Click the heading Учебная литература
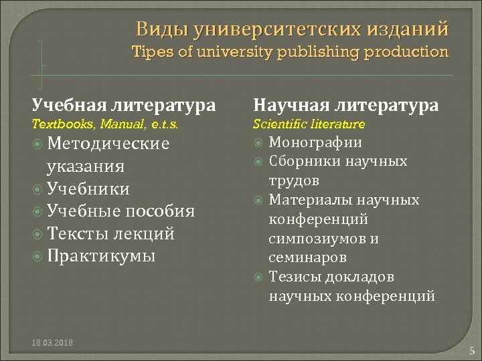click(124, 105)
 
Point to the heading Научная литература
click(346, 105)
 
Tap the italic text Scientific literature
click(309, 124)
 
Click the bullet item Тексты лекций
click(110, 234)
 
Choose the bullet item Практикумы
click(101, 256)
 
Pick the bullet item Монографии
click(315, 142)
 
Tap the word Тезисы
click(293, 277)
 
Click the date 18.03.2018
click(53, 343)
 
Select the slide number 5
click(471, 350)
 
